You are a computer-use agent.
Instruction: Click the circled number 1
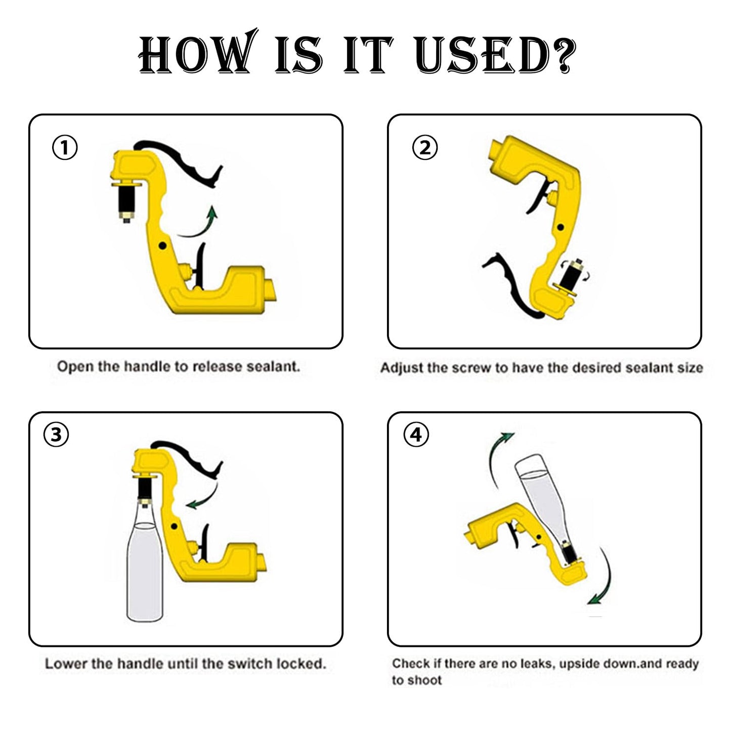click(x=65, y=148)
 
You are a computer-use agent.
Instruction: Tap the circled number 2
click(x=425, y=148)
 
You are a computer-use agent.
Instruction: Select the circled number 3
click(x=56, y=435)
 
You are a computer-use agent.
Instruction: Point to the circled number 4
click(x=416, y=435)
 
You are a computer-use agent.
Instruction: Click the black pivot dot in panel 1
click(x=163, y=246)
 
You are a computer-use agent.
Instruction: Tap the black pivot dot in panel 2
click(x=561, y=227)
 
